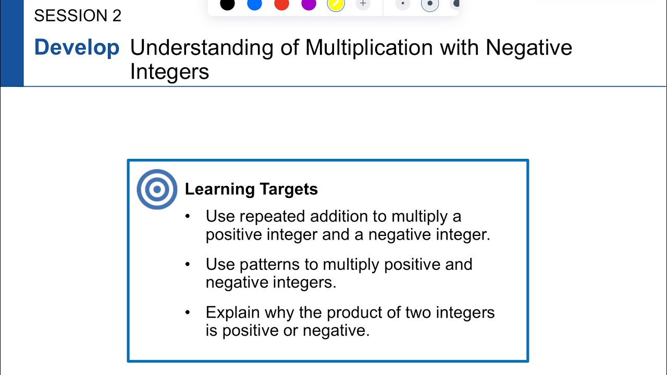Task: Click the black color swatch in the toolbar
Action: [x=227, y=4]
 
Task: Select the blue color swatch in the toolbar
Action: [x=254, y=4]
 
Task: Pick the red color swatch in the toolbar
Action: [x=281, y=4]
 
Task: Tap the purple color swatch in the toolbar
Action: [x=309, y=4]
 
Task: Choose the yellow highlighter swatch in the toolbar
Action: [x=336, y=4]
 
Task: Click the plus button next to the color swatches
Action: [x=363, y=4]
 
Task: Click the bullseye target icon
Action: [x=157, y=190]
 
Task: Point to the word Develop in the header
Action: [x=77, y=47]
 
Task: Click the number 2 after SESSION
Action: [x=117, y=16]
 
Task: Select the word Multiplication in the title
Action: [x=369, y=47]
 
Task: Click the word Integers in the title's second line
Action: [x=169, y=71]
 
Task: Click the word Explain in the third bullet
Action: [x=233, y=312]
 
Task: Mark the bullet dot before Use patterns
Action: [x=188, y=264]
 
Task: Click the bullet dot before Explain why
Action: [x=188, y=312]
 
